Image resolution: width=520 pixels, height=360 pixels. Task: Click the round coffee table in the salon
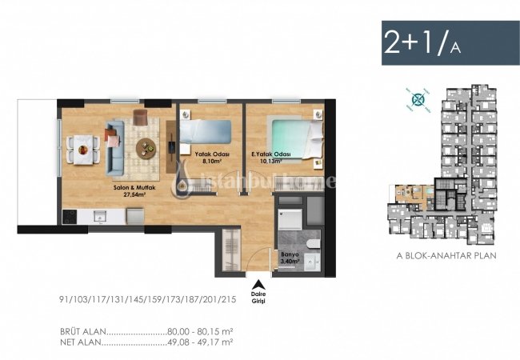(x=147, y=146)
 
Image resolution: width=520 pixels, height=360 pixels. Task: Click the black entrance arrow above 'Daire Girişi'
(x=258, y=282)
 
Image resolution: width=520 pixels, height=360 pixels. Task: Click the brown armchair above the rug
(x=142, y=118)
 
